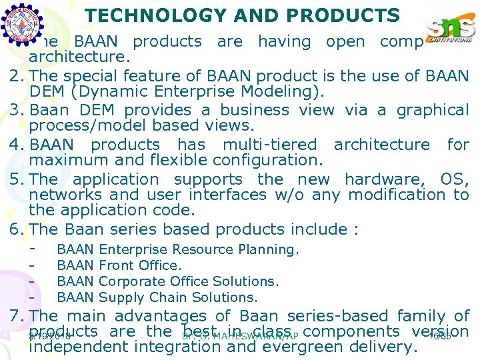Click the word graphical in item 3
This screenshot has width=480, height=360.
(433, 110)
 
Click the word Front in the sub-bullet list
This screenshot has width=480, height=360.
(115, 265)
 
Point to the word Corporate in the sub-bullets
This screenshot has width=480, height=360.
(129, 281)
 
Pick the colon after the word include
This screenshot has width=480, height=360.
(355, 230)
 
